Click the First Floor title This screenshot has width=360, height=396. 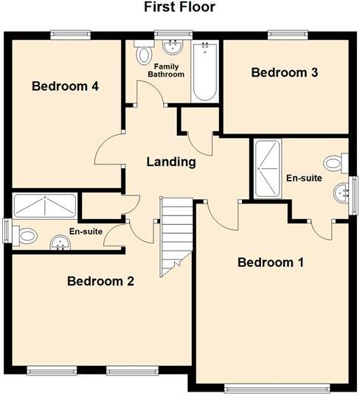coord(180,7)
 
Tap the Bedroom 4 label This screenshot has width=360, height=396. coord(66,86)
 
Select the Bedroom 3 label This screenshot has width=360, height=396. coord(284,72)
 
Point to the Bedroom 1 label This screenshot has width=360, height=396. coord(271,263)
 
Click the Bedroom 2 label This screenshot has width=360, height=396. coord(100,281)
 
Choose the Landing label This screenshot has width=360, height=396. coord(170,161)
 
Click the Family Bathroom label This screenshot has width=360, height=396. coord(165,71)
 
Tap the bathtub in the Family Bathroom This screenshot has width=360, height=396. coord(203,72)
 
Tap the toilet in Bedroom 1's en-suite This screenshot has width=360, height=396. coord(334,162)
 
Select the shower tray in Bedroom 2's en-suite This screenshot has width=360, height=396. coord(44,206)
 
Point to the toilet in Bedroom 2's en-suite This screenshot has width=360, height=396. coord(27,236)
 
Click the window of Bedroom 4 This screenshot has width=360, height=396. coord(70,34)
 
